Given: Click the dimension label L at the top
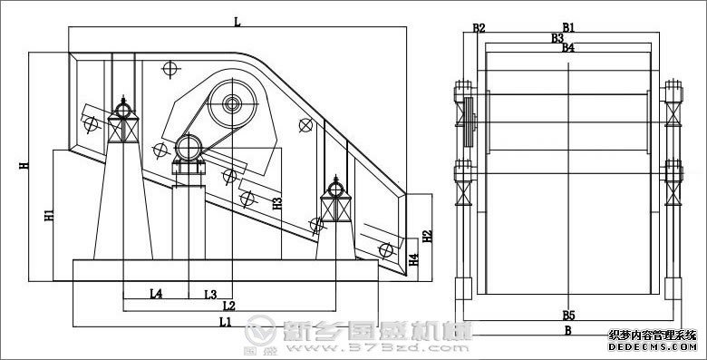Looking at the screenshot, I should (x=237, y=22).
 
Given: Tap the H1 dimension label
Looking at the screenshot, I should (x=48, y=217).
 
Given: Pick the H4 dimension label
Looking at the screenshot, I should (x=413, y=260).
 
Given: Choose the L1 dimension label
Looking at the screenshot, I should (x=224, y=321).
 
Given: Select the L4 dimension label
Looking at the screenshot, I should (x=155, y=294).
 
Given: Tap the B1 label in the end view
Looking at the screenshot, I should (x=568, y=28).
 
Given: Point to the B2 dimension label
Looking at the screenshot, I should (x=479, y=28).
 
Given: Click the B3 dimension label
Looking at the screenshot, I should (x=557, y=38).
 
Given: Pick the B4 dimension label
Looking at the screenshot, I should (x=568, y=47).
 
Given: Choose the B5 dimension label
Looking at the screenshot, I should (x=568, y=315).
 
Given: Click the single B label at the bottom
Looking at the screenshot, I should (x=568, y=331).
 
